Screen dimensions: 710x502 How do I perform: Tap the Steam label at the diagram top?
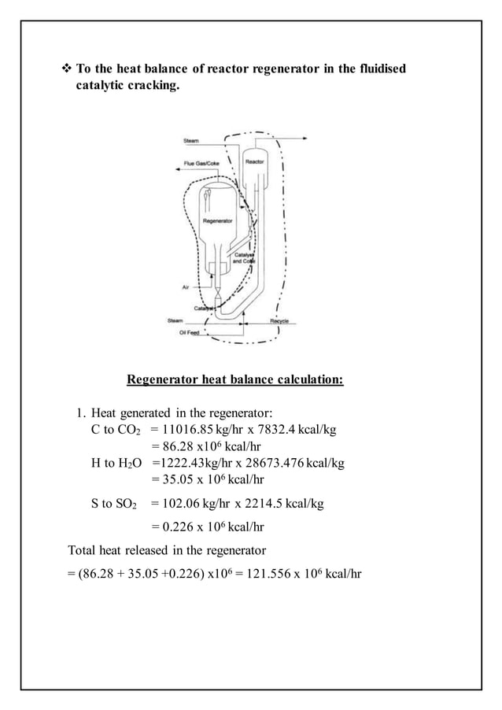pyautogui.click(x=191, y=140)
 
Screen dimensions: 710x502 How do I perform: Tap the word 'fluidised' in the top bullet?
pyautogui.click(x=378, y=70)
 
